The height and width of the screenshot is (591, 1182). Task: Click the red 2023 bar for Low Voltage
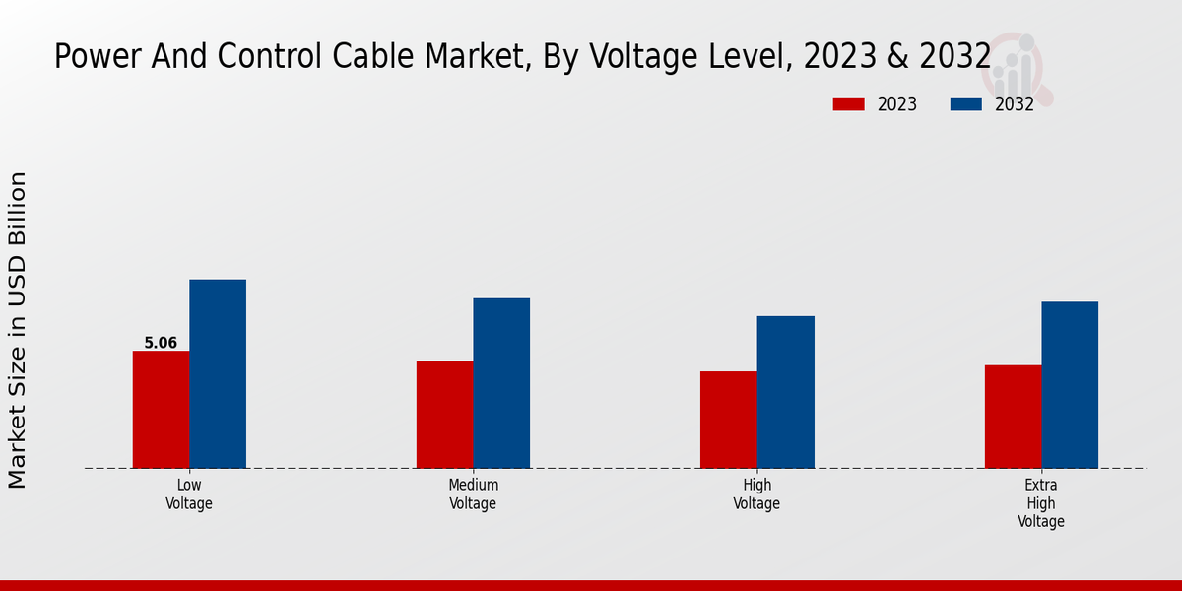click(x=161, y=409)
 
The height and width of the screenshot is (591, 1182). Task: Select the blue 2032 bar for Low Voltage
click(x=218, y=373)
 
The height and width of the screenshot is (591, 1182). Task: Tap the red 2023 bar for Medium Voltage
click(x=444, y=414)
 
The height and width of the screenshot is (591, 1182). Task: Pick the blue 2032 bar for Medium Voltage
click(x=501, y=382)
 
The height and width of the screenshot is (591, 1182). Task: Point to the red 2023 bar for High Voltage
click(x=729, y=420)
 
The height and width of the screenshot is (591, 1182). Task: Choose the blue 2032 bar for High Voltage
click(x=786, y=391)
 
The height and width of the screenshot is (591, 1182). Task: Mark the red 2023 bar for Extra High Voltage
click(x=1013, y=416)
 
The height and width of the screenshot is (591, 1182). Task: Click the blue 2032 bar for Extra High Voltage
click(x=1070, y=384)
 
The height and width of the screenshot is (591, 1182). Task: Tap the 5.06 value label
click(x=161, y=343)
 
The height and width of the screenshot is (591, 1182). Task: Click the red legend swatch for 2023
click(x=848, y=104)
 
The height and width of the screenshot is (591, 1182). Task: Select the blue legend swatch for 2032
click(x=965, y=104)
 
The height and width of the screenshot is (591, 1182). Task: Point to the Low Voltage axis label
click(x=189, y=493)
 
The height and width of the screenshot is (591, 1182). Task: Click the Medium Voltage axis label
click(x=473, y=493)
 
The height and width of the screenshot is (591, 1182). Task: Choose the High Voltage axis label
click(x=756, y=493)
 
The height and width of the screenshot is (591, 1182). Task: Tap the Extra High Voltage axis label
click(x=1041, y=502)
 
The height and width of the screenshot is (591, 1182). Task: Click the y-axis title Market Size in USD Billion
click(x=18, y=330)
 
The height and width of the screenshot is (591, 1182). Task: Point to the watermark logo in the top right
click(x=1019, y=67)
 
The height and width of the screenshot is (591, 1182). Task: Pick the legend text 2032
click(x=1014, y=104)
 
